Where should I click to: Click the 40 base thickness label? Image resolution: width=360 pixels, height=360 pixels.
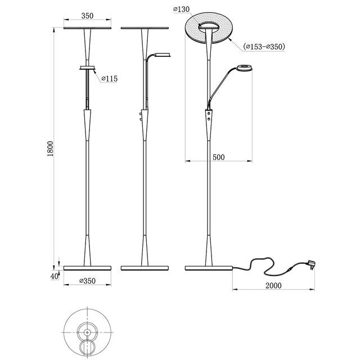(x=54, y=276)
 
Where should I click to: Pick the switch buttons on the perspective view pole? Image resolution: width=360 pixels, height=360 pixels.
(x=210, y=116)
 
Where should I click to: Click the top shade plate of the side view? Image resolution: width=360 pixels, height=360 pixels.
(x=145, y=28)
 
